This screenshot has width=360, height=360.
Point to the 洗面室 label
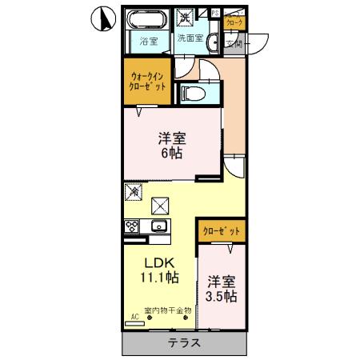pos(189,38)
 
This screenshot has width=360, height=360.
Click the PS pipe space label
pos(214,13)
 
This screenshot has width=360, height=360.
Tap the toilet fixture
pos(194,93)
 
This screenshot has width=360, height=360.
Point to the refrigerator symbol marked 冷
pos(134,192)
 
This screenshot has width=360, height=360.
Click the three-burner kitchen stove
pos(132,226)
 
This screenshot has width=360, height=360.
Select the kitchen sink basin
pos(158,226)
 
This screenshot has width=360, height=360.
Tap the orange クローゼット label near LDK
pos(220,230)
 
